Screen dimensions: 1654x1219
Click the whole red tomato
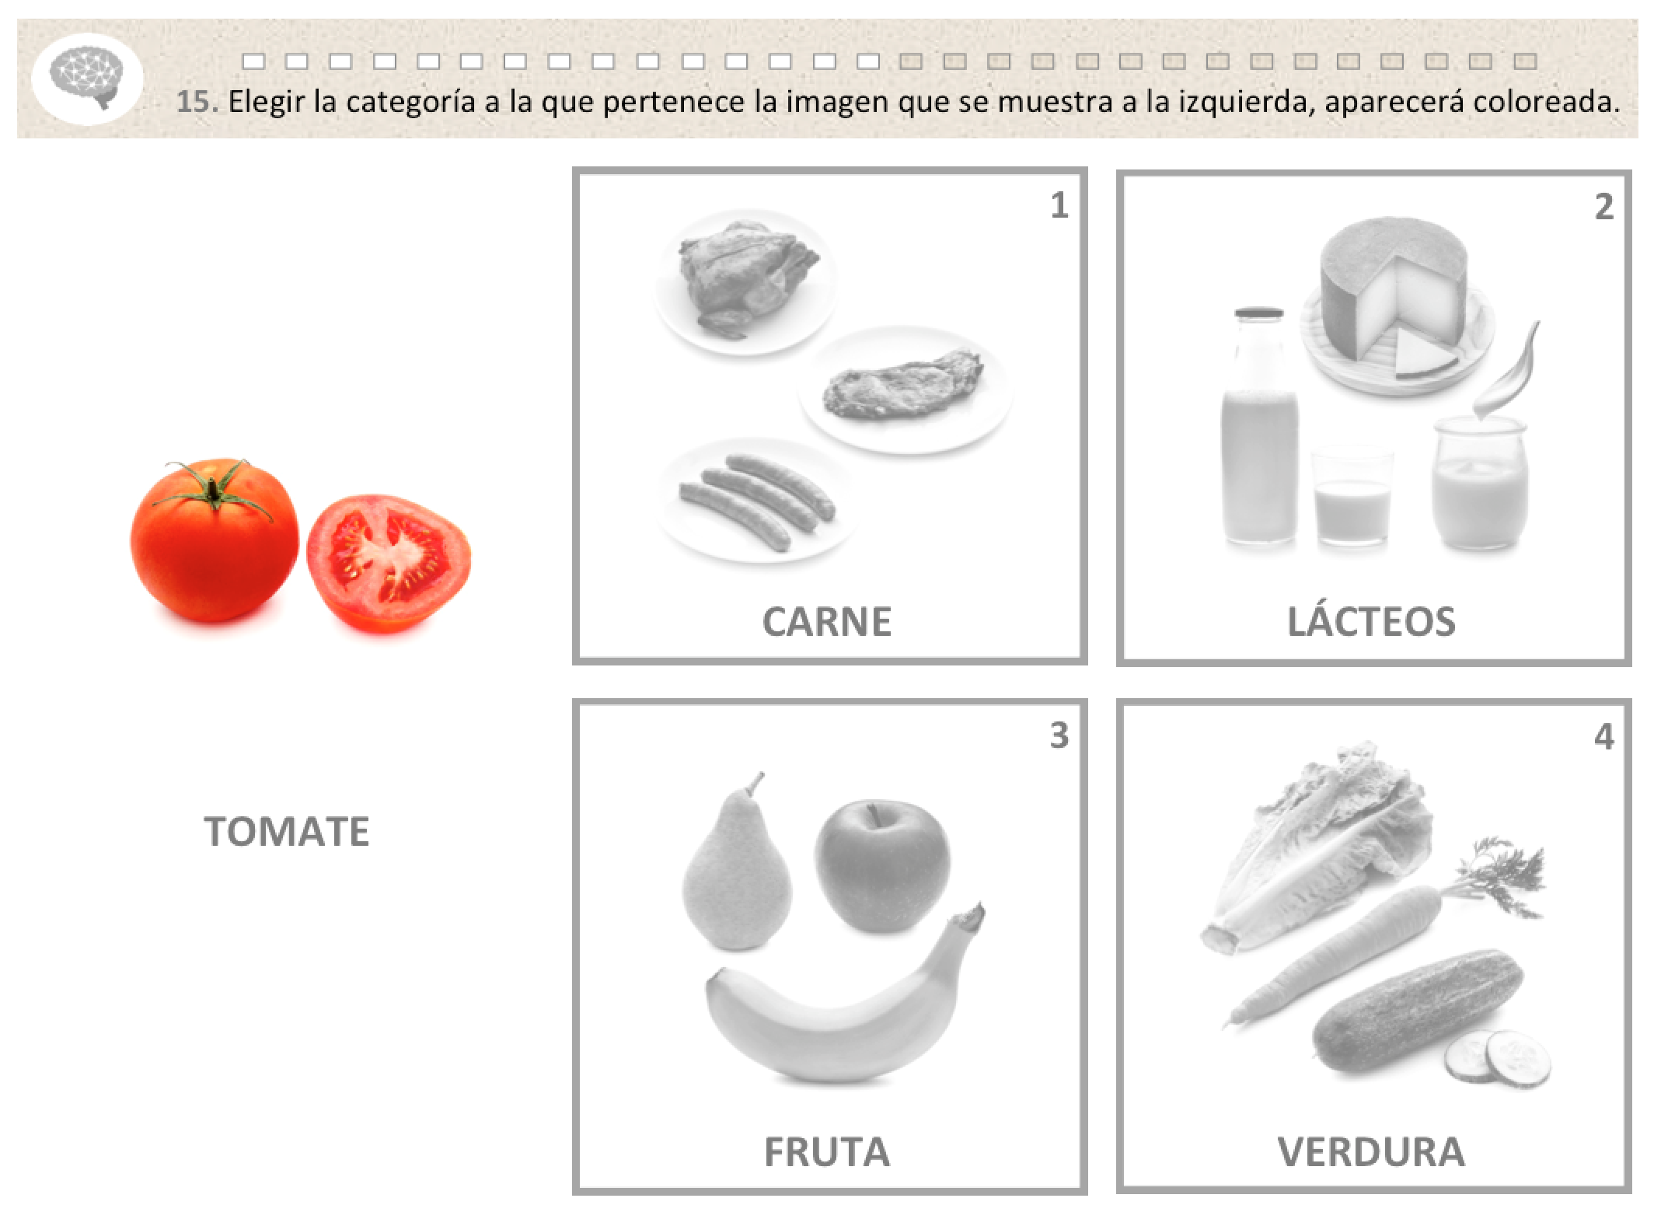tap(215, 540)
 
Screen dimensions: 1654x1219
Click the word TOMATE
tap(287, 831)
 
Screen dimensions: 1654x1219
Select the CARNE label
tap(827, 622)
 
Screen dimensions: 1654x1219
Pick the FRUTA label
tap(827, 1151)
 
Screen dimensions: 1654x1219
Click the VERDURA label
tap(1371, 1151)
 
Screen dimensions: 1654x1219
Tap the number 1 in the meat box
tap(1059, 205)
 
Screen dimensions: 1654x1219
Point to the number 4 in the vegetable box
tap(1603, 735)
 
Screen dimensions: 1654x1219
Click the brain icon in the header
tap(87, 79)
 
